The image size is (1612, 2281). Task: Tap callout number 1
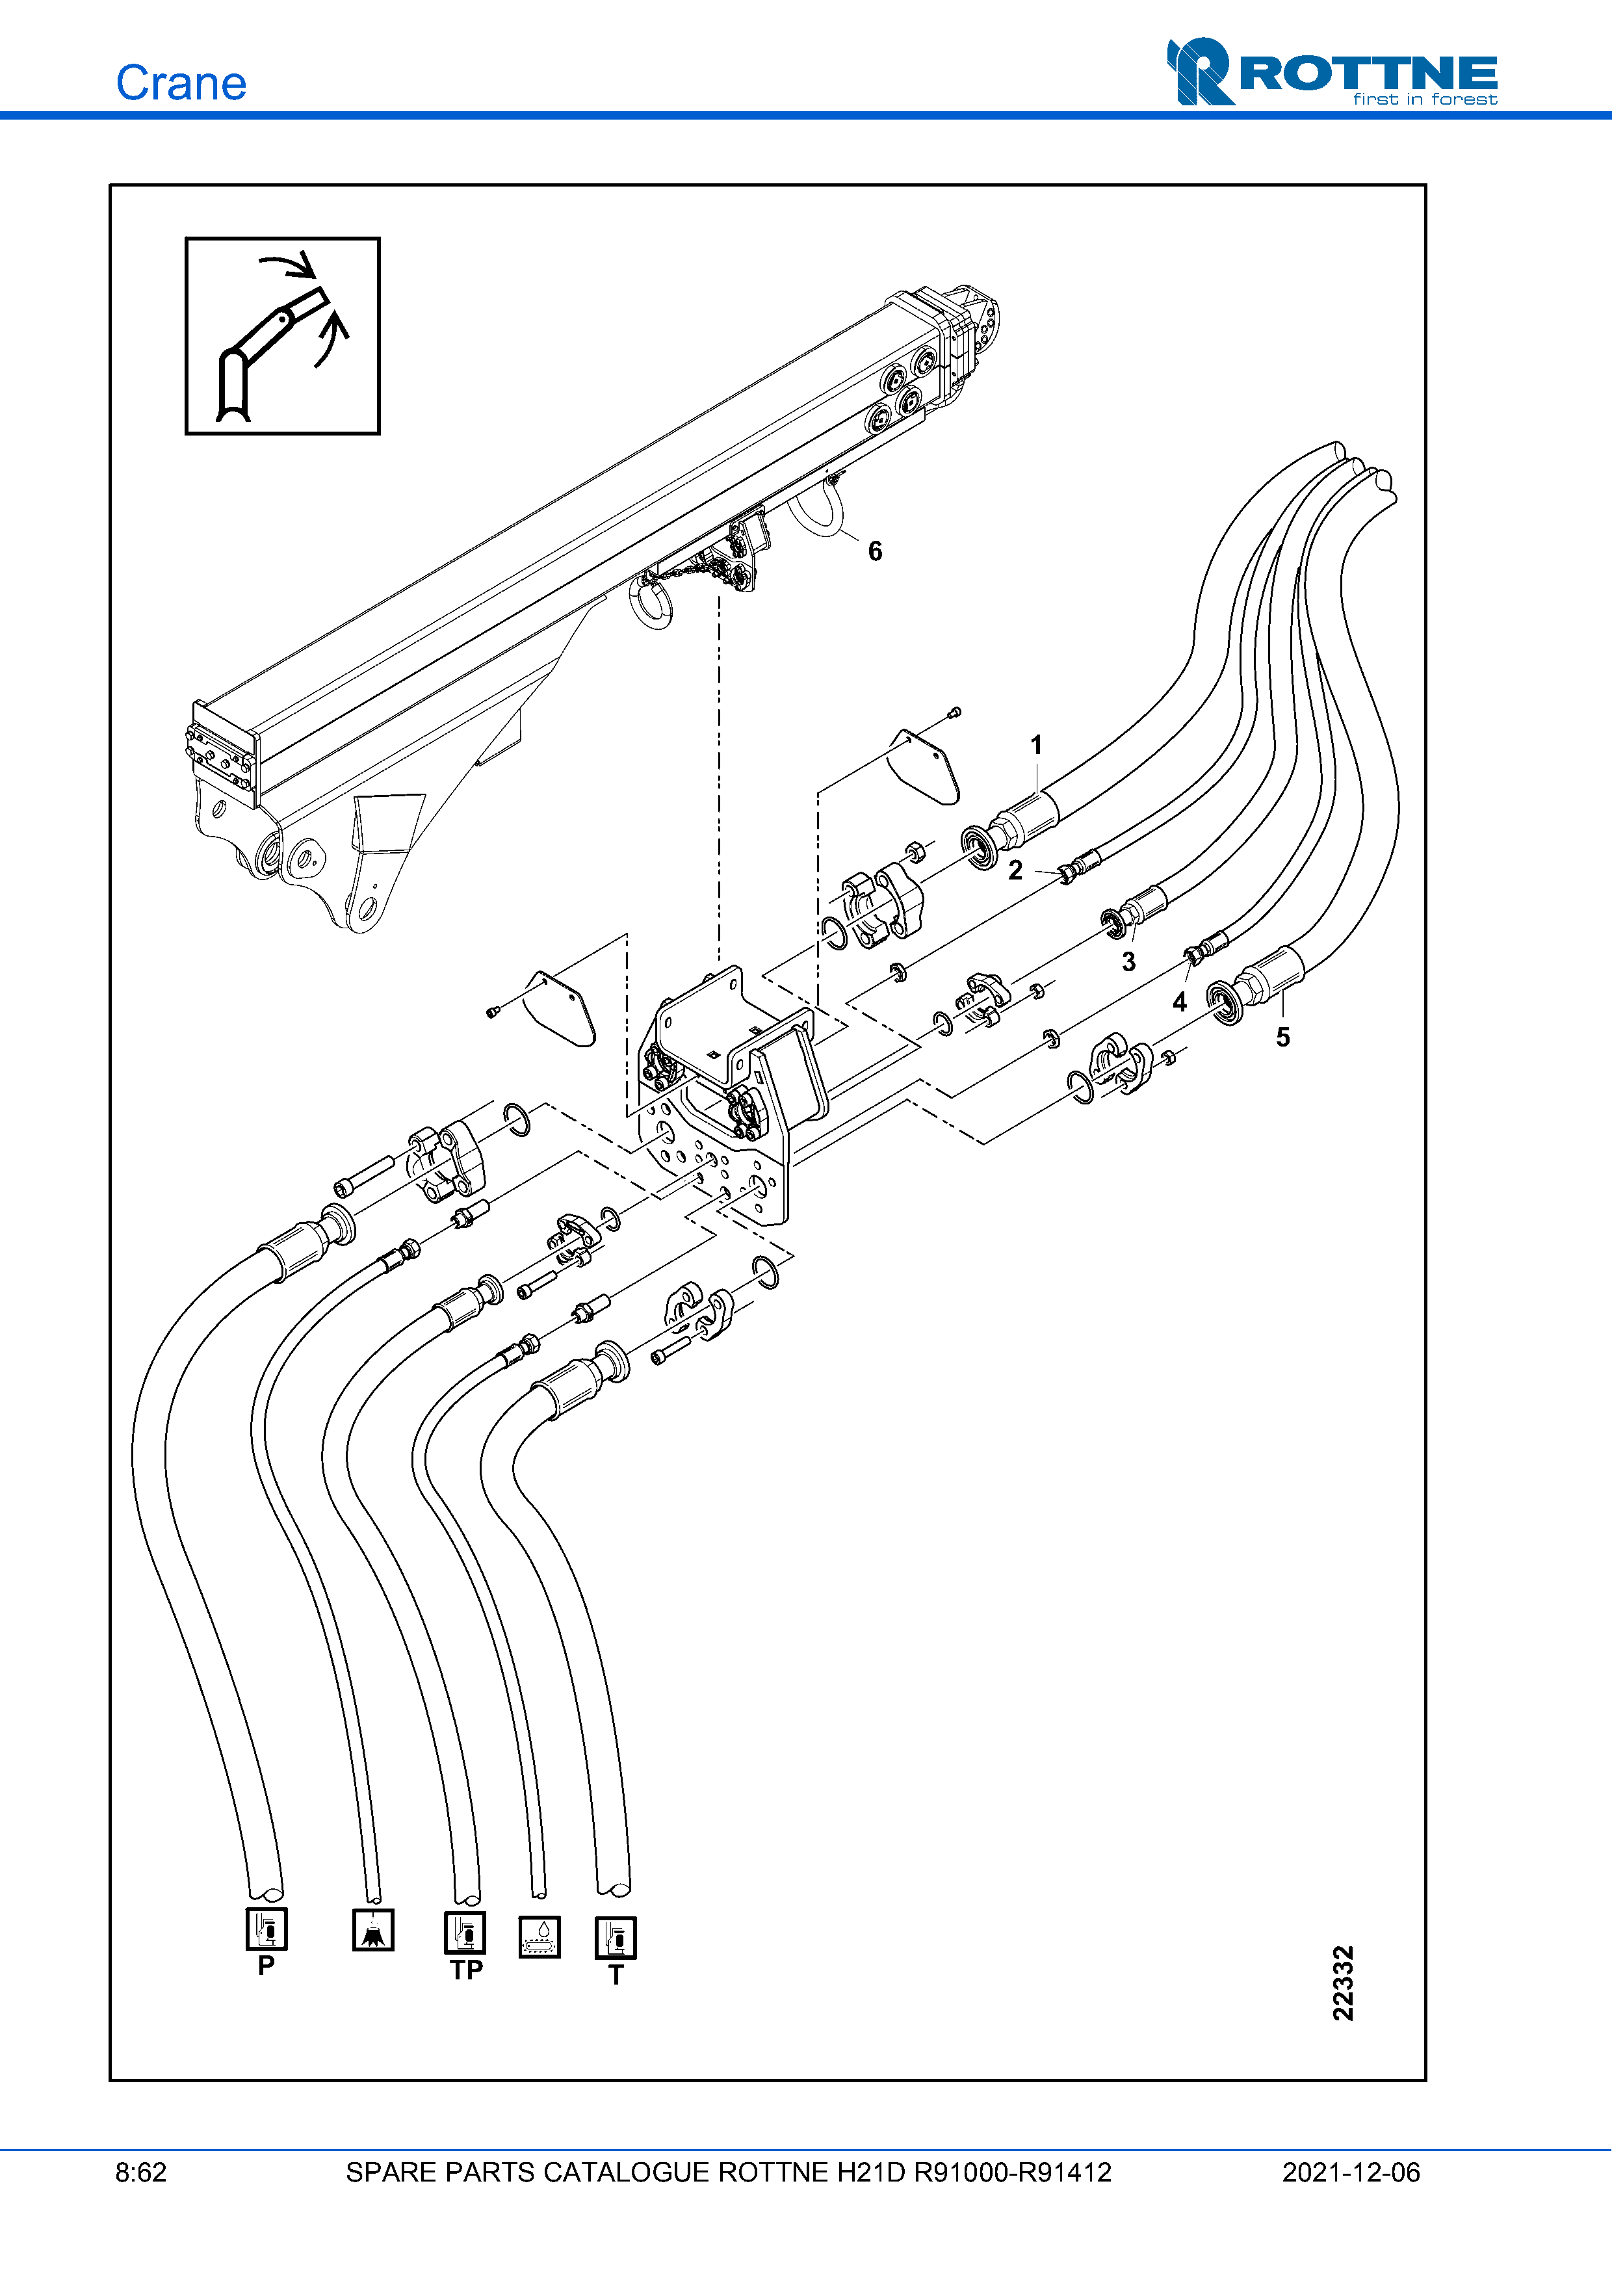pos(1036,745)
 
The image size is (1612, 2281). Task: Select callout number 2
pos(1015,870)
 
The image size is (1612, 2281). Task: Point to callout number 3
pos(1128,961)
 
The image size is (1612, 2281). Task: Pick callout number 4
pos(1180,1002)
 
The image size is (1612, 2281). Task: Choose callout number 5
pos(1283,1037)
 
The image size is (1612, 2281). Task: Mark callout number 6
pos(875,551)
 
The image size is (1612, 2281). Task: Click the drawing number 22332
pos(1343,1983)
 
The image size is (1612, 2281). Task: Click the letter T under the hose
pos(616,1975)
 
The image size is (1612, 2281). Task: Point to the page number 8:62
pos(141,2172)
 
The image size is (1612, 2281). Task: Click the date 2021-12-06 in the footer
pos(1351,2172)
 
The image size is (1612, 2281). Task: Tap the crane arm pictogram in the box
pos(283,336)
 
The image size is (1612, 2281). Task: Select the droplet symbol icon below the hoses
pos(539,1937)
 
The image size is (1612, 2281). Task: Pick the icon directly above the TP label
pos(465,1933)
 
